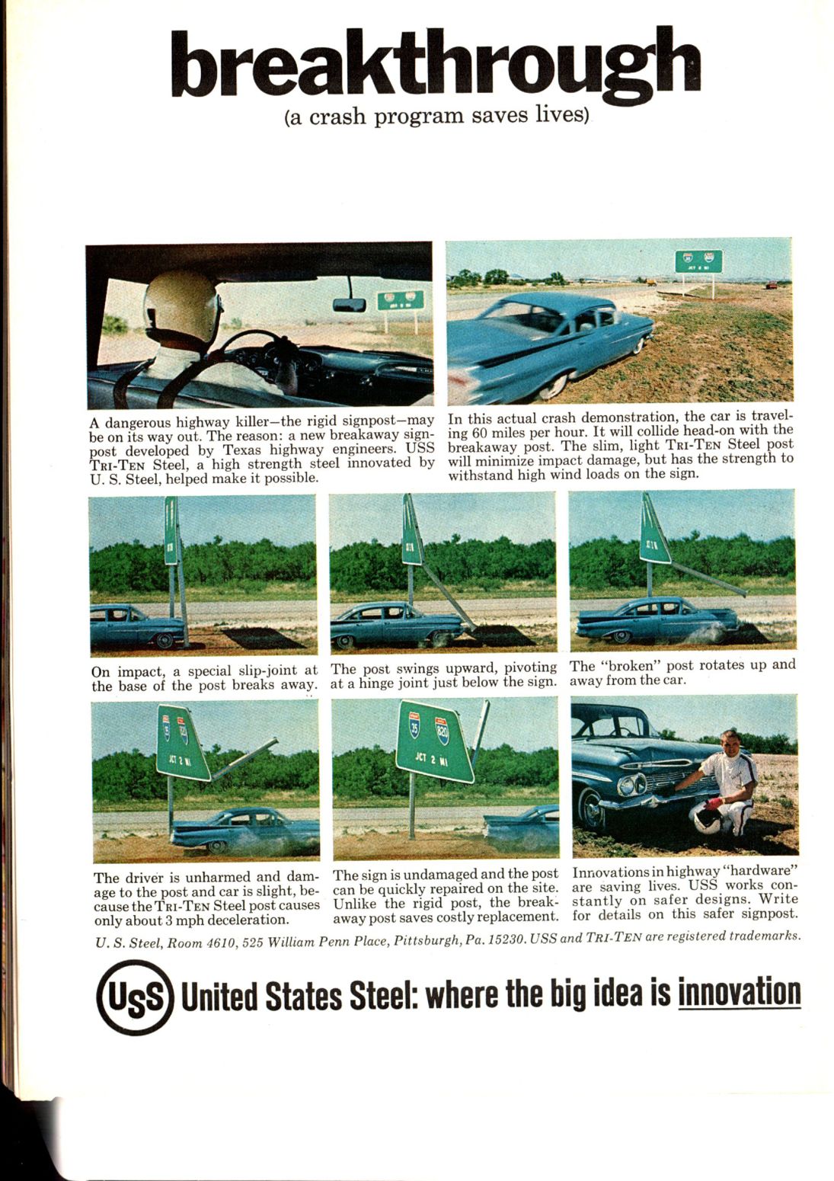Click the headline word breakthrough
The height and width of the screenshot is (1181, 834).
435,65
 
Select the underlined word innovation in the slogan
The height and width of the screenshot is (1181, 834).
739,991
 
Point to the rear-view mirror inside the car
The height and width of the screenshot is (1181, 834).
350,305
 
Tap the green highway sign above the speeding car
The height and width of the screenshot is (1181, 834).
698,261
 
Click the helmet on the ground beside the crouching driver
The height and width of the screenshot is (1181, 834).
708,818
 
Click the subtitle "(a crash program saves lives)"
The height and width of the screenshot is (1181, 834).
437,117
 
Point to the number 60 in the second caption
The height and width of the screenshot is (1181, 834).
480,431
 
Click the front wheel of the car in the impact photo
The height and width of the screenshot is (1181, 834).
164,640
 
